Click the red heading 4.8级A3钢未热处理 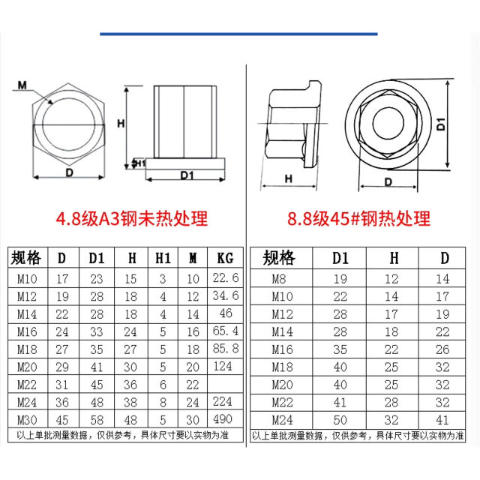[x=132, y=219]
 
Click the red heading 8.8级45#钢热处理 [x=359, y=219]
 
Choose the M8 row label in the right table [x=278, y=278]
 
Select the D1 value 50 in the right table [x=342, y=418]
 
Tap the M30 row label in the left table [x=28, y=418]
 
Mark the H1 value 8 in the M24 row [x=163, y=401]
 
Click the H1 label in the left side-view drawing [x=139, y=163]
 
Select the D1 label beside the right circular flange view [x=441, y=124]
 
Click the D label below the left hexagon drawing [x=70, y=172]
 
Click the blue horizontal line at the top [x=238, y=34]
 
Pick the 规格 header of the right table [x=278, y=259]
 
